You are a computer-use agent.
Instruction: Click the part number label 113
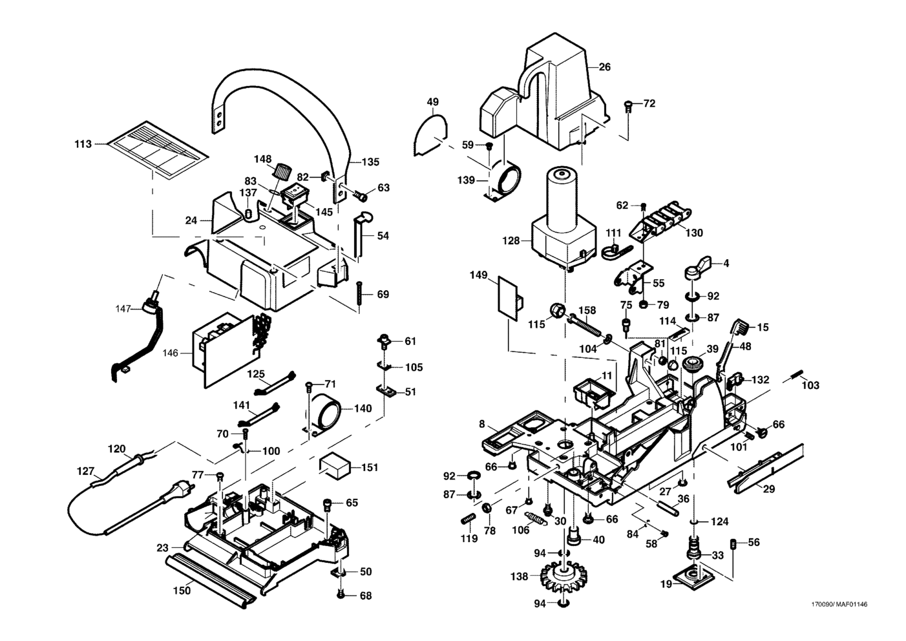coord(83,144)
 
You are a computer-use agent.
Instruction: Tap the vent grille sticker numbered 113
coord(157,149)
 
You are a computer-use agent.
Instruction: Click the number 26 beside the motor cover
coord(604,67)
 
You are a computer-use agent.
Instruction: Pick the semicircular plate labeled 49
coord(430,134)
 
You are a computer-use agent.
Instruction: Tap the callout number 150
coord(182,590)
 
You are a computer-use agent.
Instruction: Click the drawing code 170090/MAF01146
coord(839,605)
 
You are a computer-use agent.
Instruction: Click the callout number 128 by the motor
coord(511,240)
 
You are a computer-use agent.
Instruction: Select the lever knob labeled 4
coord(698,266)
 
